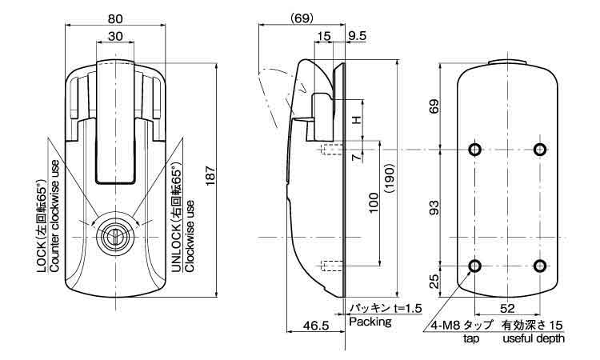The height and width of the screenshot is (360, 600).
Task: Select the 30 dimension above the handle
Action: (115, 37)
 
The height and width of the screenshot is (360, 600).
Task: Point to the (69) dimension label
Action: (302, 18)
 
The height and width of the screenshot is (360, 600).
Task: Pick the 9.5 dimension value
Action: (358, 36)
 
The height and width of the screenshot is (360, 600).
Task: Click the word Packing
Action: (369, 322)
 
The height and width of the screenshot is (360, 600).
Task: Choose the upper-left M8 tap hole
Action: (475, 149)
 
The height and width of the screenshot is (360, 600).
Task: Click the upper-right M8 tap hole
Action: (540, 149)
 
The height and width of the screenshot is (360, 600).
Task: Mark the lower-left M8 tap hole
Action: (475, 266)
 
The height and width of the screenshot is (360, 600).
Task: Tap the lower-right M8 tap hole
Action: (540, 266)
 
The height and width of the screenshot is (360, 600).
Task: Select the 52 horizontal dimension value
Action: (508, 305)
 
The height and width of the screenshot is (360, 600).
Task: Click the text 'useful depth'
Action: (534, 339)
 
